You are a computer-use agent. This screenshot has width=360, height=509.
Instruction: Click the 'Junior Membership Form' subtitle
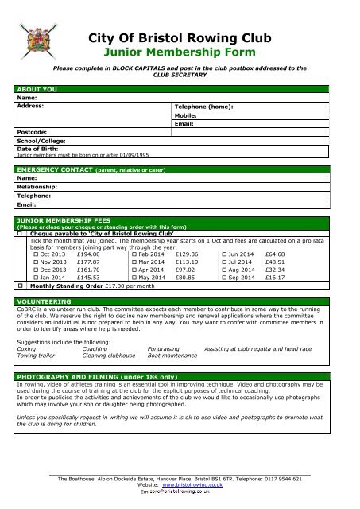coord(180,53)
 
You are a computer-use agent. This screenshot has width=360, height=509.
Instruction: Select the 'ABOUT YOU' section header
coord(38,91)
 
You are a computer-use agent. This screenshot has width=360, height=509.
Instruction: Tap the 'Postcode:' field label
coord(33,130)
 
